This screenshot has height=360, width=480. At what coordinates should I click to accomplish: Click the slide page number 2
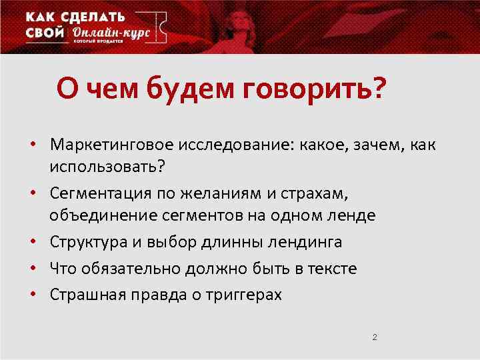click(x=375, y=337)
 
